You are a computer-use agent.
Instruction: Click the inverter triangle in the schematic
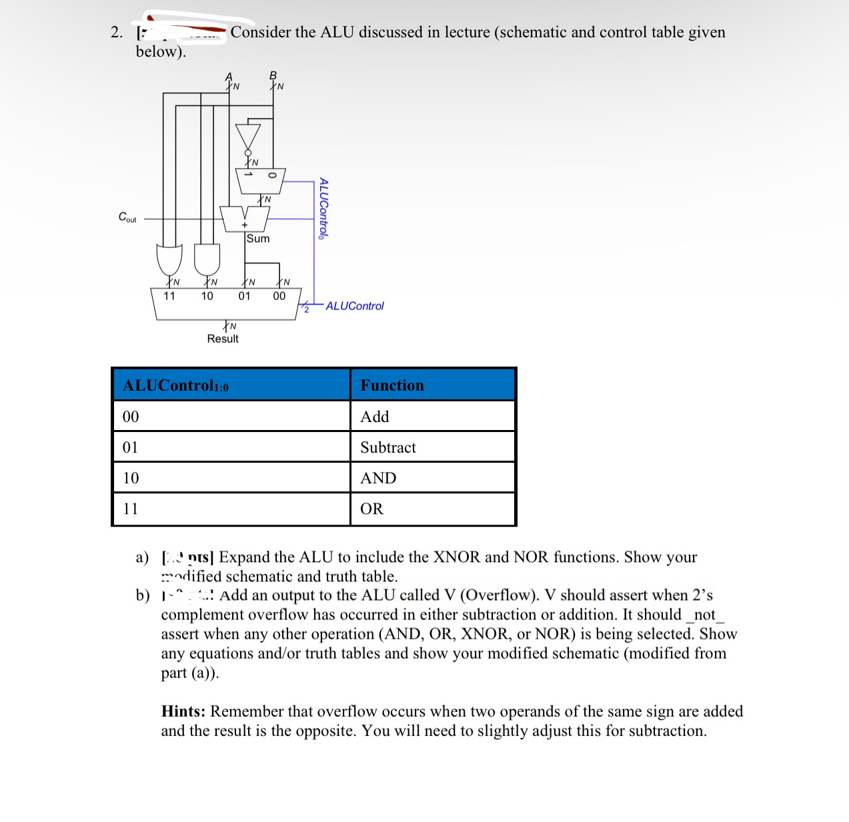247,137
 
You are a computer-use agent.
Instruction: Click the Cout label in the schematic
127,217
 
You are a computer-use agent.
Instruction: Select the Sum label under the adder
258,239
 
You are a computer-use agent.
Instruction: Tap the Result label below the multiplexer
222,339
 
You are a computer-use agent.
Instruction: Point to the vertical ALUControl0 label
323,208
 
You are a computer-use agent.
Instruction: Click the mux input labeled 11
169,296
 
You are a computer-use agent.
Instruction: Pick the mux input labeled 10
207,296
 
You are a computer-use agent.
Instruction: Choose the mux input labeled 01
244,296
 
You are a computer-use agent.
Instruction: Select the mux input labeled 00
279,296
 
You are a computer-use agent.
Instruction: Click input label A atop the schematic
229,77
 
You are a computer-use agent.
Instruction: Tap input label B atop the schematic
272,76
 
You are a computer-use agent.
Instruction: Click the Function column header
392,385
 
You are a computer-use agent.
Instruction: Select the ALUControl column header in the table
175,385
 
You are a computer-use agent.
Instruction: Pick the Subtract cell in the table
387,447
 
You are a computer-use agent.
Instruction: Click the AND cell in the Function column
378,478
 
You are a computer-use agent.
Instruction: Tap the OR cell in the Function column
371,509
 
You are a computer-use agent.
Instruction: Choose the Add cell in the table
374,417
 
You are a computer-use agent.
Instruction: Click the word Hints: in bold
183,711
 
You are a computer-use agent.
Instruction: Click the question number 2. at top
117,32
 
